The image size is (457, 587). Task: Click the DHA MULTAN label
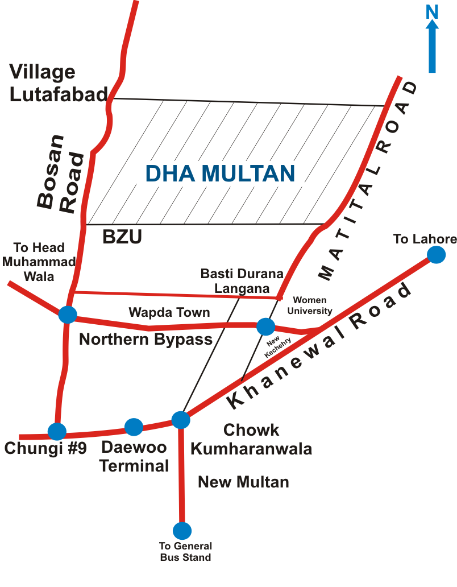[220, 173]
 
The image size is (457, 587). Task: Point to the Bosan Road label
[60, 173]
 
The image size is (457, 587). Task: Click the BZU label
[122, 237]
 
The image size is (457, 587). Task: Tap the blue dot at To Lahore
[436, 254]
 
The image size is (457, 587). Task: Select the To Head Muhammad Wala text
[39, 262]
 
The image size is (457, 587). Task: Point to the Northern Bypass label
[146, 340]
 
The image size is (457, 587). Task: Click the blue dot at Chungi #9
[57, 431]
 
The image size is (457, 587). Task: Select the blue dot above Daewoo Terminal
[134, 427]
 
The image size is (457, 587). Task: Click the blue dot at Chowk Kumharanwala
[180, 420]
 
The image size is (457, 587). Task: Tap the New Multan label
[243, 482]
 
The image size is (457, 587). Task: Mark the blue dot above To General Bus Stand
[182, 531]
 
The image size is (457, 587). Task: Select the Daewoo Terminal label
[134, 457]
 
